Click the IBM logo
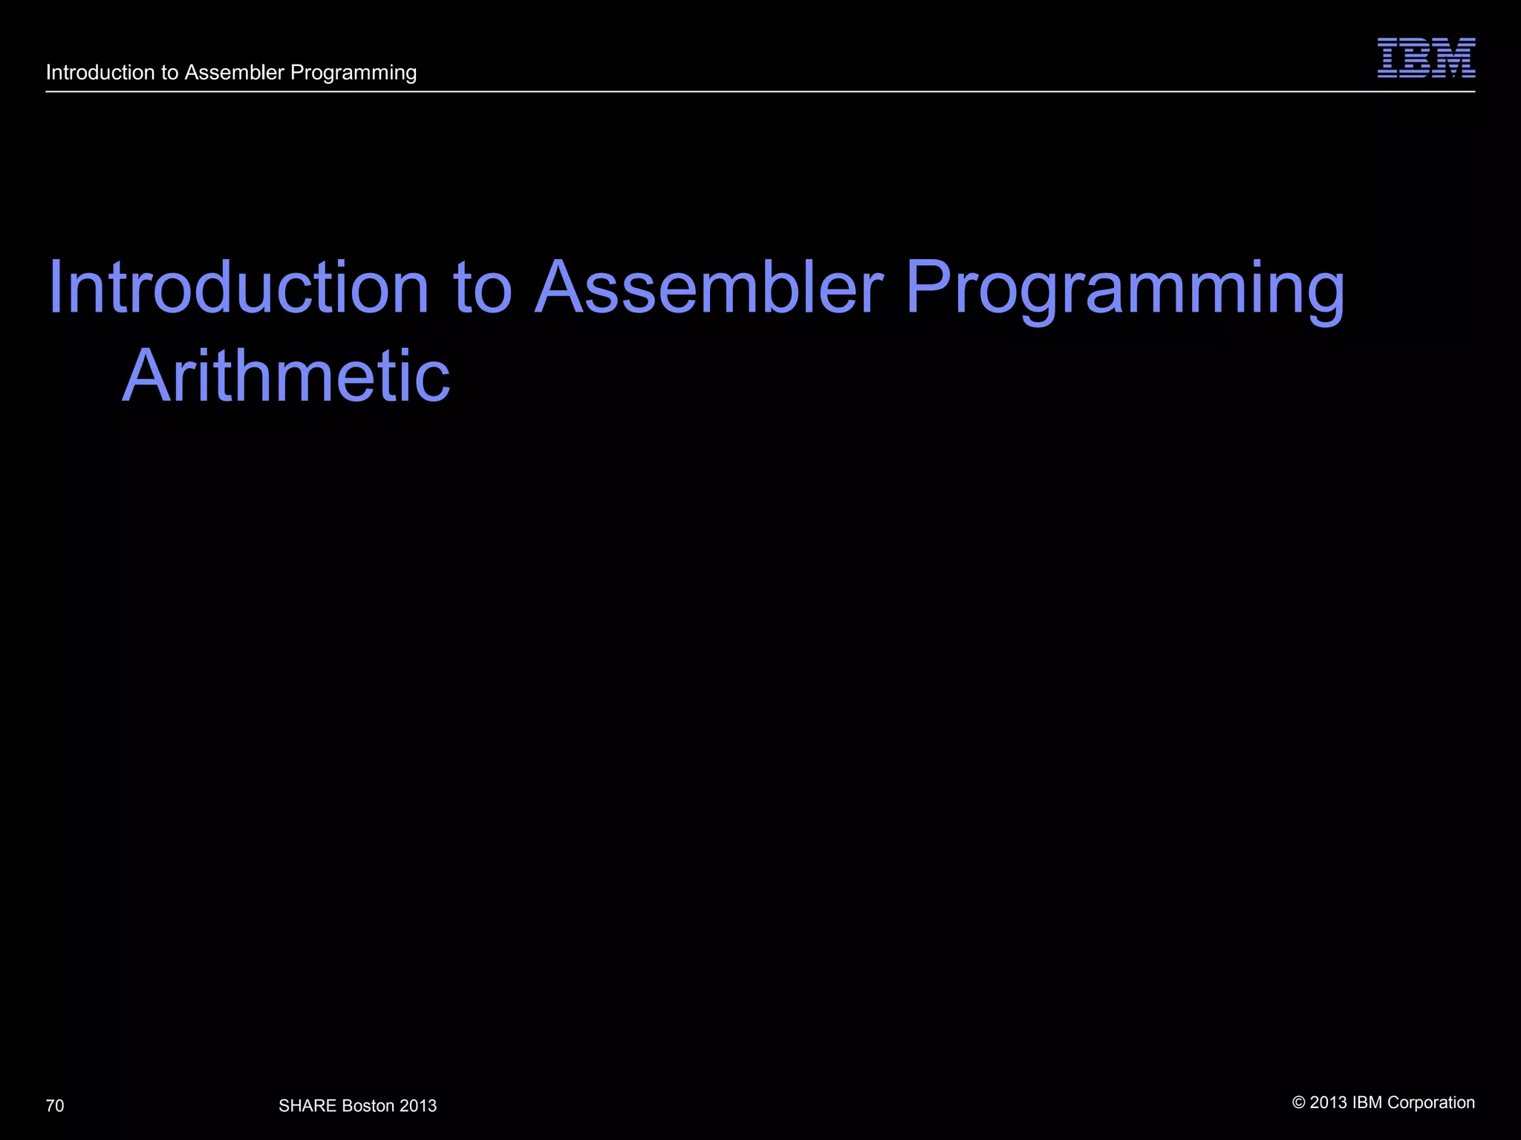(x=1426, y=58)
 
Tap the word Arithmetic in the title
(x=286, y=376)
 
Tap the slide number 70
(x=55, y=1106)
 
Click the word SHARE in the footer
(x=307, y=1106)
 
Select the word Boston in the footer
(x=368, y=1106)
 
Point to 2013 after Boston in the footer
(x=418, y=1106)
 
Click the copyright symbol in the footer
(x=1299, y=1103)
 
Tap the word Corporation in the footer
(x=1431, y=1103)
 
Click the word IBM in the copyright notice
(x=1367, y=1103)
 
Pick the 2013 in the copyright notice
(x=1329, y=1103)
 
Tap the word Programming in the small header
(x=354, y=73)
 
